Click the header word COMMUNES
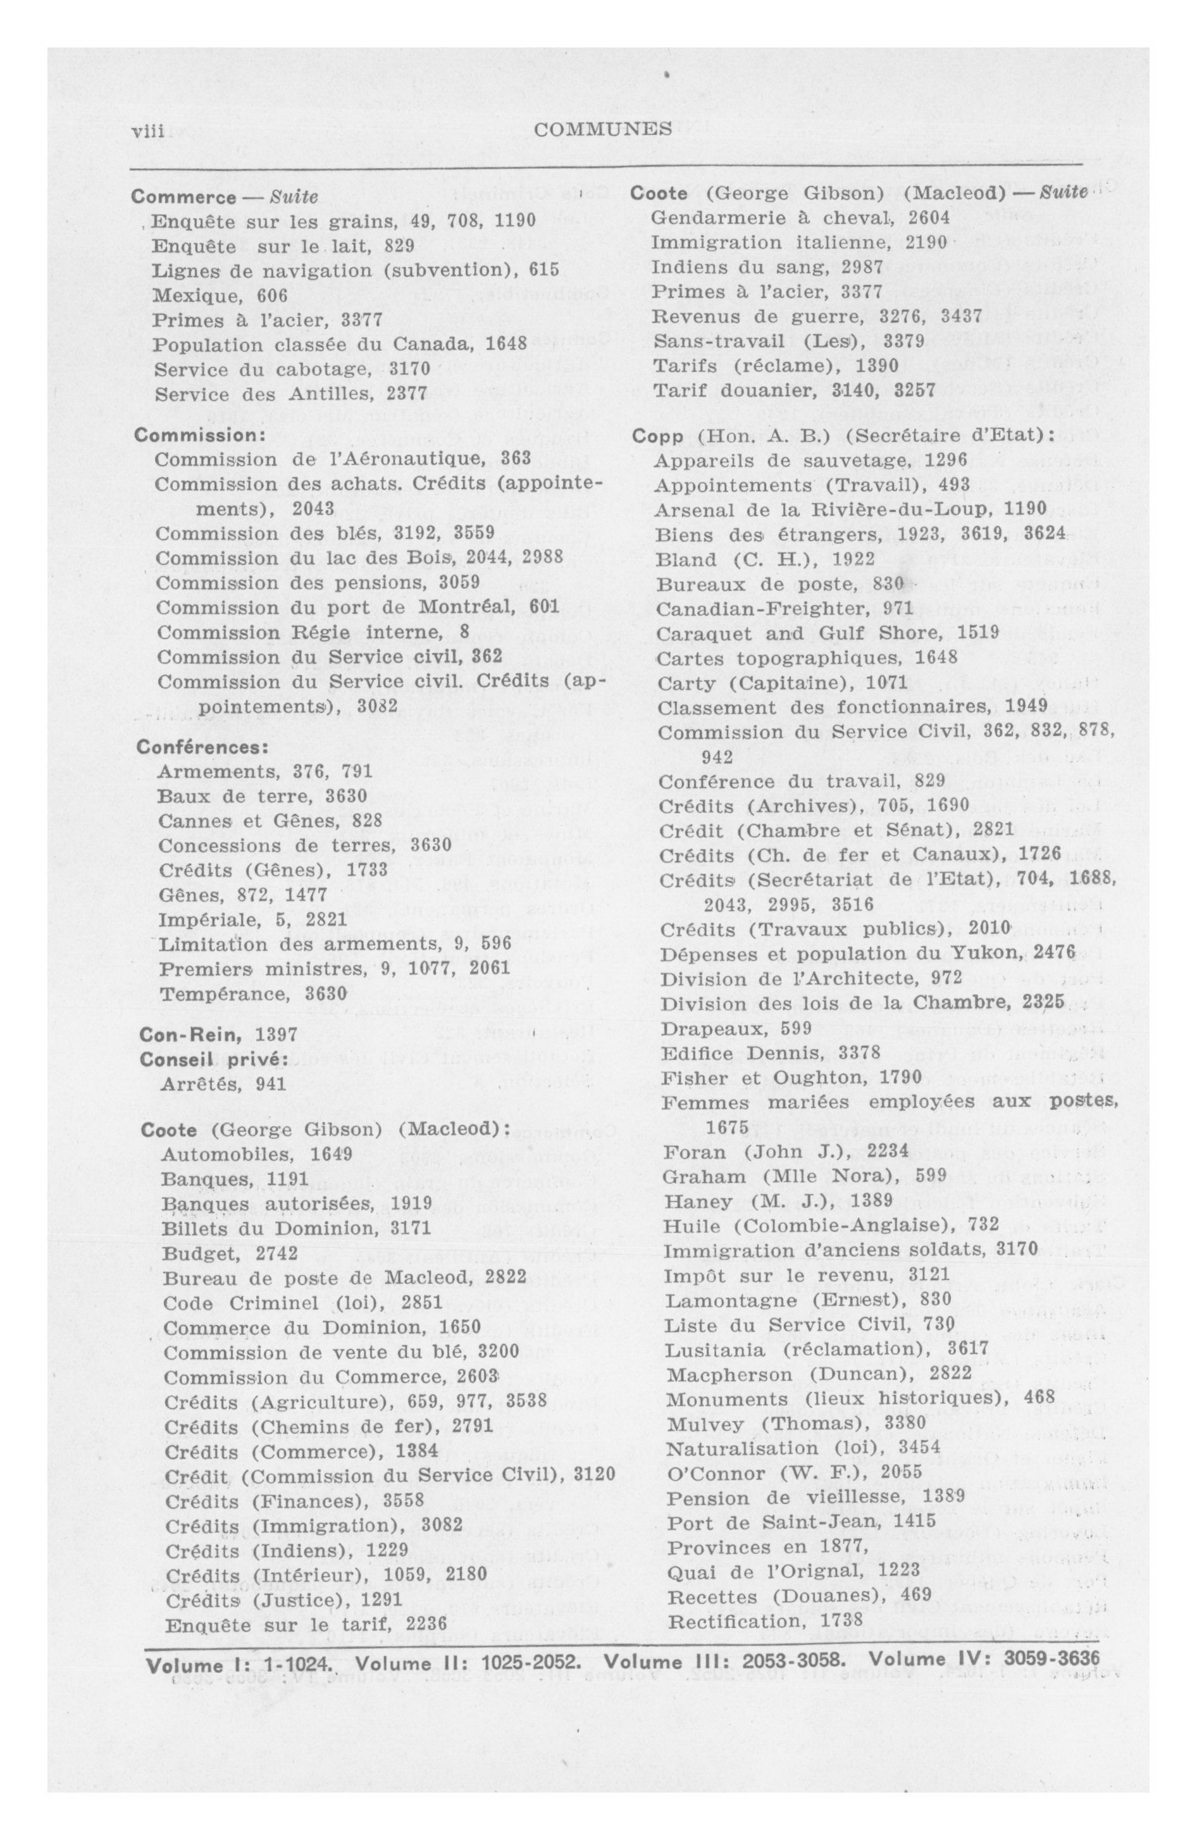pyautogui.click(x=603, y=130)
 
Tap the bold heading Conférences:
pyautogui.click(x=202, y=748)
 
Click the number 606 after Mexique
pyautogui.click(x=271, y=295)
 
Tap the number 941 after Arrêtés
pyautogui.click(x=271, y=1084)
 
